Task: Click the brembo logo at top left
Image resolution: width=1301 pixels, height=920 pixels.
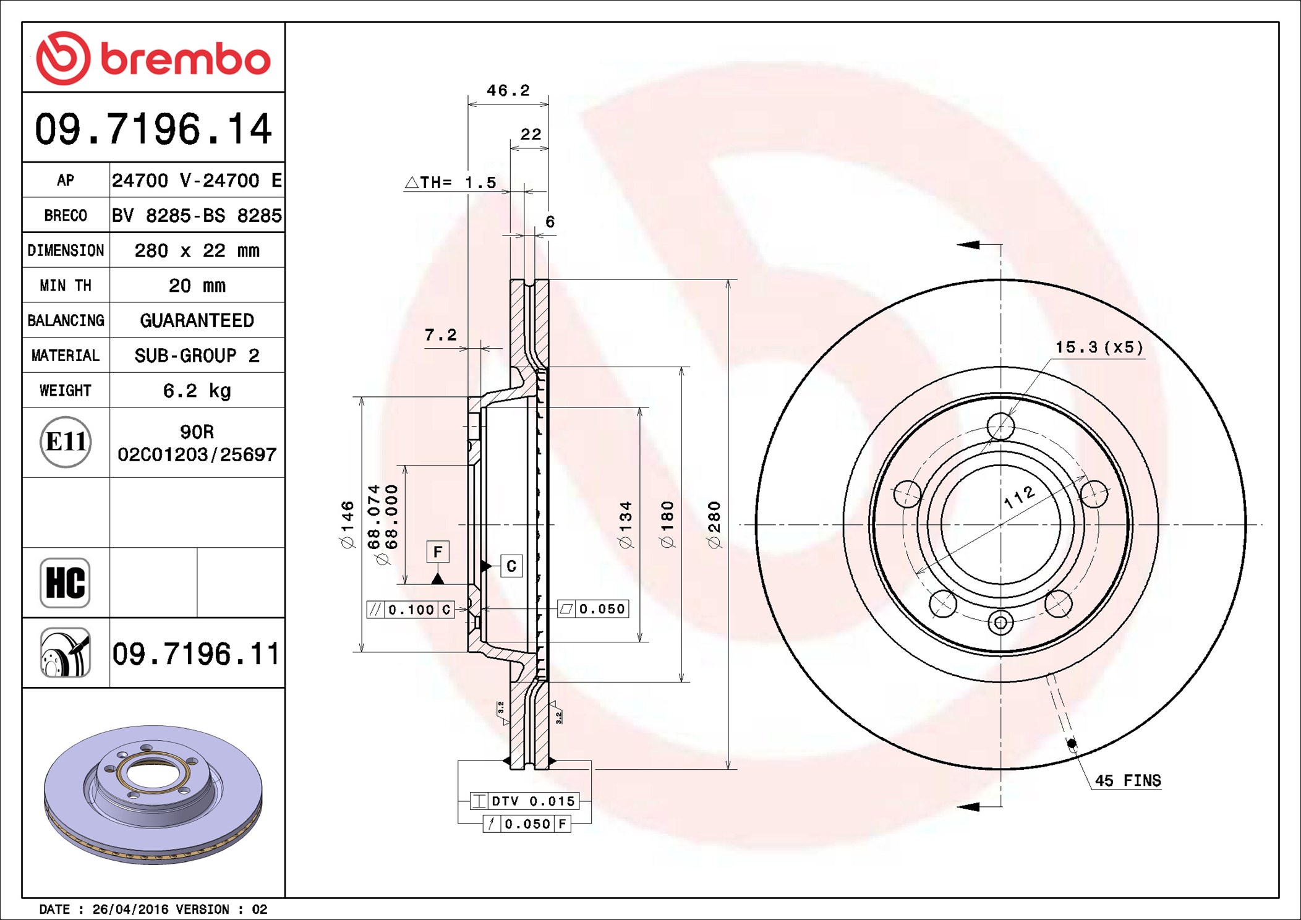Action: pyautogui.click(x=153, y=58)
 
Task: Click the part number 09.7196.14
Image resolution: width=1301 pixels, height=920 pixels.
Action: pyautogui.click(x=153, y=129)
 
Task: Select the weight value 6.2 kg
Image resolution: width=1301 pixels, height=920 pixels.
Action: pyautogui.click(x=197, y=391)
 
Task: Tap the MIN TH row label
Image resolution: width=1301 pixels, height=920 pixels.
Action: pyautogui.click(x=66, y=286)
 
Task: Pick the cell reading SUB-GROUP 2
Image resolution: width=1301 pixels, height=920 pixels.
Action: pyautogui.click(x=197, y=356)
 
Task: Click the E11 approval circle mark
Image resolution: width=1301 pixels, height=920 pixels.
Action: pyautogui.click(x=66, y=442)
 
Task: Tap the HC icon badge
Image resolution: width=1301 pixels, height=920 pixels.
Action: pyautogui.click(x=65, y=582)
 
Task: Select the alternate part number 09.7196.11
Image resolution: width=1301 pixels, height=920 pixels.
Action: pyautogui.click(x=196, y=654)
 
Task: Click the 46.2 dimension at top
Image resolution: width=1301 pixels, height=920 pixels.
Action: pyautogui.click(x=508, y=91)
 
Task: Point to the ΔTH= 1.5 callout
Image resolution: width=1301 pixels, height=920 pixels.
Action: pyautogui.click(x=451, y=182)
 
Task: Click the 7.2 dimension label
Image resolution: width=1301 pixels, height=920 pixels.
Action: pyautogui.click(x=440, y=335)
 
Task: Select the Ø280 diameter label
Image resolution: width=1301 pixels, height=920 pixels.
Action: pyautogui.click(x=714, y=524)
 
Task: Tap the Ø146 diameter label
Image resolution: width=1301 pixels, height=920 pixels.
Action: pyautogui.click(x=348, y=524)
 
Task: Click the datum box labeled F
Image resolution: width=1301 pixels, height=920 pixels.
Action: pyautogui.click(x=438, y=552)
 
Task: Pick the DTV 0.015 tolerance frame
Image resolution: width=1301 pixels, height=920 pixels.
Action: pyautogui.click(x=524, y=801)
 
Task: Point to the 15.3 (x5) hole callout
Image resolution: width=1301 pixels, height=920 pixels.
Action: pyautogui.click(x=1099, y=347)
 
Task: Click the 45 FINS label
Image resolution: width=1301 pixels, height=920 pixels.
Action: pyautogui.click(x=1127, y=781)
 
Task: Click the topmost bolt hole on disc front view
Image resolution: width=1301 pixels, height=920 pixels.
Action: pyautogui.click(x=1000, y=426)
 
